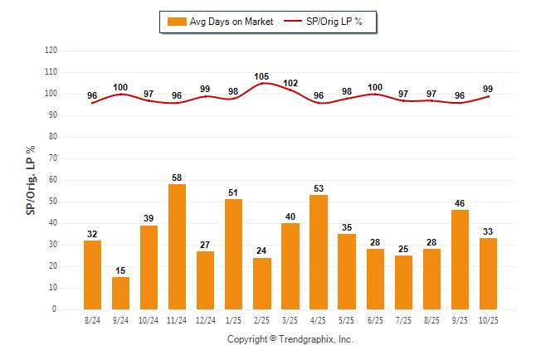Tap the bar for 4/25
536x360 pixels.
tap(319, 252)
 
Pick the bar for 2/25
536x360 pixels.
tap(262, 284)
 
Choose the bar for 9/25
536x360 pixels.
tap(460, 260)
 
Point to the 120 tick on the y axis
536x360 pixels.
tap(51, 51)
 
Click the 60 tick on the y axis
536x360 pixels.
tap(54, 180)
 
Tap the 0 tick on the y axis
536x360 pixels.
tap(56, 309)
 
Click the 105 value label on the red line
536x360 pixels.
tap(262, 75)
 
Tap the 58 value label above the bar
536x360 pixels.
tap(177, 178)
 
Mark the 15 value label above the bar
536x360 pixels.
tap(120, 270)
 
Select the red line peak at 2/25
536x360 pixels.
tap(262, 83)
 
